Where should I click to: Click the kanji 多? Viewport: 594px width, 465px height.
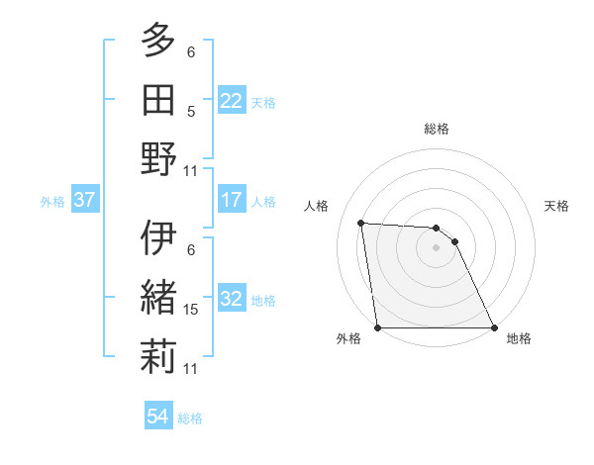point(158,41)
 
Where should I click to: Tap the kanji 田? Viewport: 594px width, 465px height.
point(158,99)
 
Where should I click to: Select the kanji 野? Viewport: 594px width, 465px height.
point(158,158)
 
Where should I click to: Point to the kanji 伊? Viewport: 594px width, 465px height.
point(158,238)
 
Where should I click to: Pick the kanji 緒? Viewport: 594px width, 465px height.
point(158,298)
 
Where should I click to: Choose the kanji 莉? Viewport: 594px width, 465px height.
point(158,356)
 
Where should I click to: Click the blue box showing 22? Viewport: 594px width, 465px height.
point(231,100)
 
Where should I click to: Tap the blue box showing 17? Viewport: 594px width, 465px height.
point(231,200)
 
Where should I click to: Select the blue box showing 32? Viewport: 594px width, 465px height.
point(231,299)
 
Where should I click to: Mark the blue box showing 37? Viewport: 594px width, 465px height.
point(84,200)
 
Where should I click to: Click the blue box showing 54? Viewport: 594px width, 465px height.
point(157,417)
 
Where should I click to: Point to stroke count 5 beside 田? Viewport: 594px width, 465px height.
point(191,111)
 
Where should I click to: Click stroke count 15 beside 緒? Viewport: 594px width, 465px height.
point(191,310)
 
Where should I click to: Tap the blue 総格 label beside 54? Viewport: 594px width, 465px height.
point(190,418)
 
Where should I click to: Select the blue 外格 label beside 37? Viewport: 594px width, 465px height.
point(52,202)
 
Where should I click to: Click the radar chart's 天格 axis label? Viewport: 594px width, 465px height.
point(556,206)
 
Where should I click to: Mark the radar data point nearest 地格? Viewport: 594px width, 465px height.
point(494,327)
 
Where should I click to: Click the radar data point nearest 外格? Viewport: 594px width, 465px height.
point(377,327)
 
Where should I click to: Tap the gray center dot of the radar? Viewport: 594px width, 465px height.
point(436,247)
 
